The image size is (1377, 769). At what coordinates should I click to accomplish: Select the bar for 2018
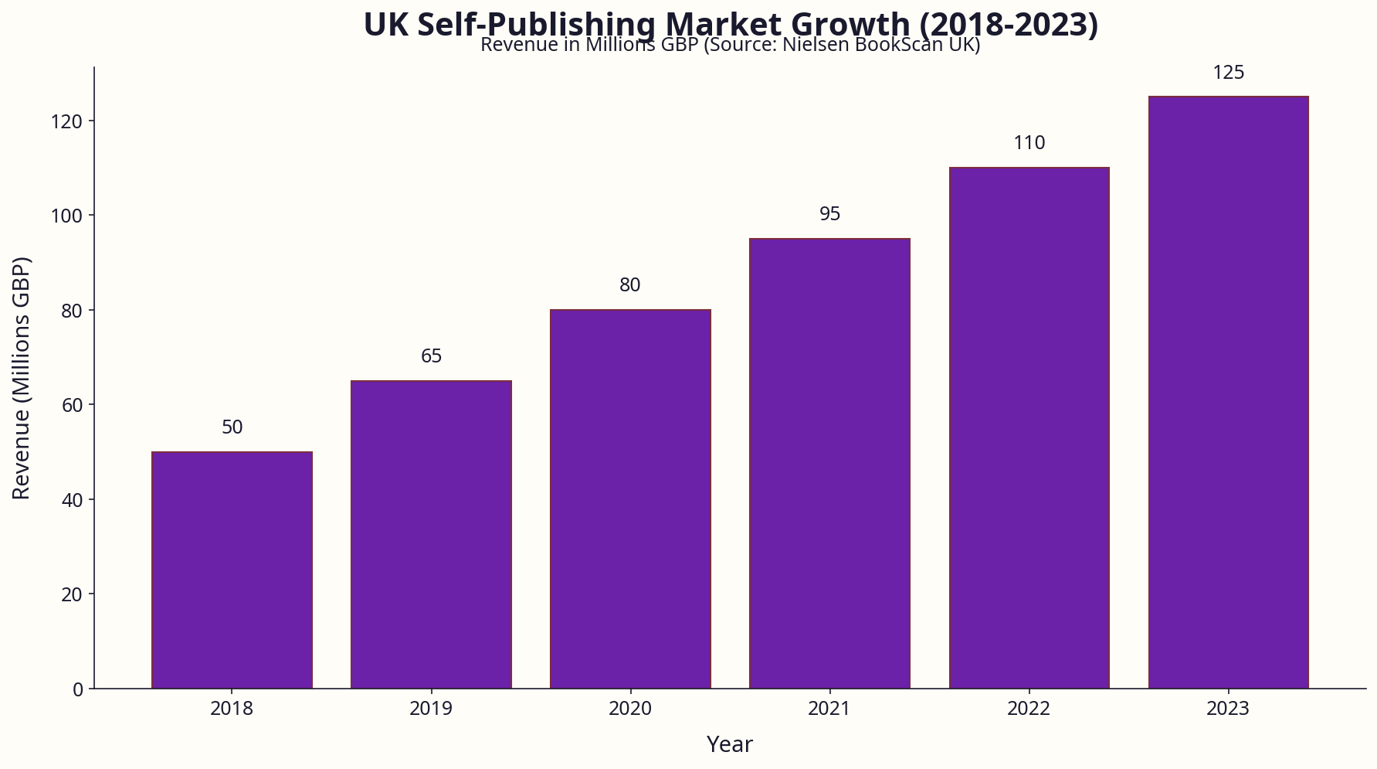point(232,570)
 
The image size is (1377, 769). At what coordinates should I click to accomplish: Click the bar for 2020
point(630,498)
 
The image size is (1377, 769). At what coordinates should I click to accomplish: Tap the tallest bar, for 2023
point(1228,392)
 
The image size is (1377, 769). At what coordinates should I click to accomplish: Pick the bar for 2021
point(829,463)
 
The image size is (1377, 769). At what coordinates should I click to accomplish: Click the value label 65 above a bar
point(431,356)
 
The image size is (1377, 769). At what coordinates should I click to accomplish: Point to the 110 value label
point(1029,143)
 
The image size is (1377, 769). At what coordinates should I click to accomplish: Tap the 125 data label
point(1228,73)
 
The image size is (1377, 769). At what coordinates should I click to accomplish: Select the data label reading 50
point(232,427)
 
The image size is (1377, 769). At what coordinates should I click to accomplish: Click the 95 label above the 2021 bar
point(829,214)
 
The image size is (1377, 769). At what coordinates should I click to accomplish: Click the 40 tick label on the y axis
point(72,500)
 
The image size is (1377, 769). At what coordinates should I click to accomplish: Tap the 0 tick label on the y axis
point(77,689)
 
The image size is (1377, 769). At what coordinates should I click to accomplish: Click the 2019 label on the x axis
point(431,709)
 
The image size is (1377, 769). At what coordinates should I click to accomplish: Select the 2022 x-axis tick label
point(1029,709)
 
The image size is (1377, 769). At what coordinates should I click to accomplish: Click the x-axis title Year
point(729,744)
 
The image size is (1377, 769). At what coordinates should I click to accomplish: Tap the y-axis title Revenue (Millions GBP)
point(22,378)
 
